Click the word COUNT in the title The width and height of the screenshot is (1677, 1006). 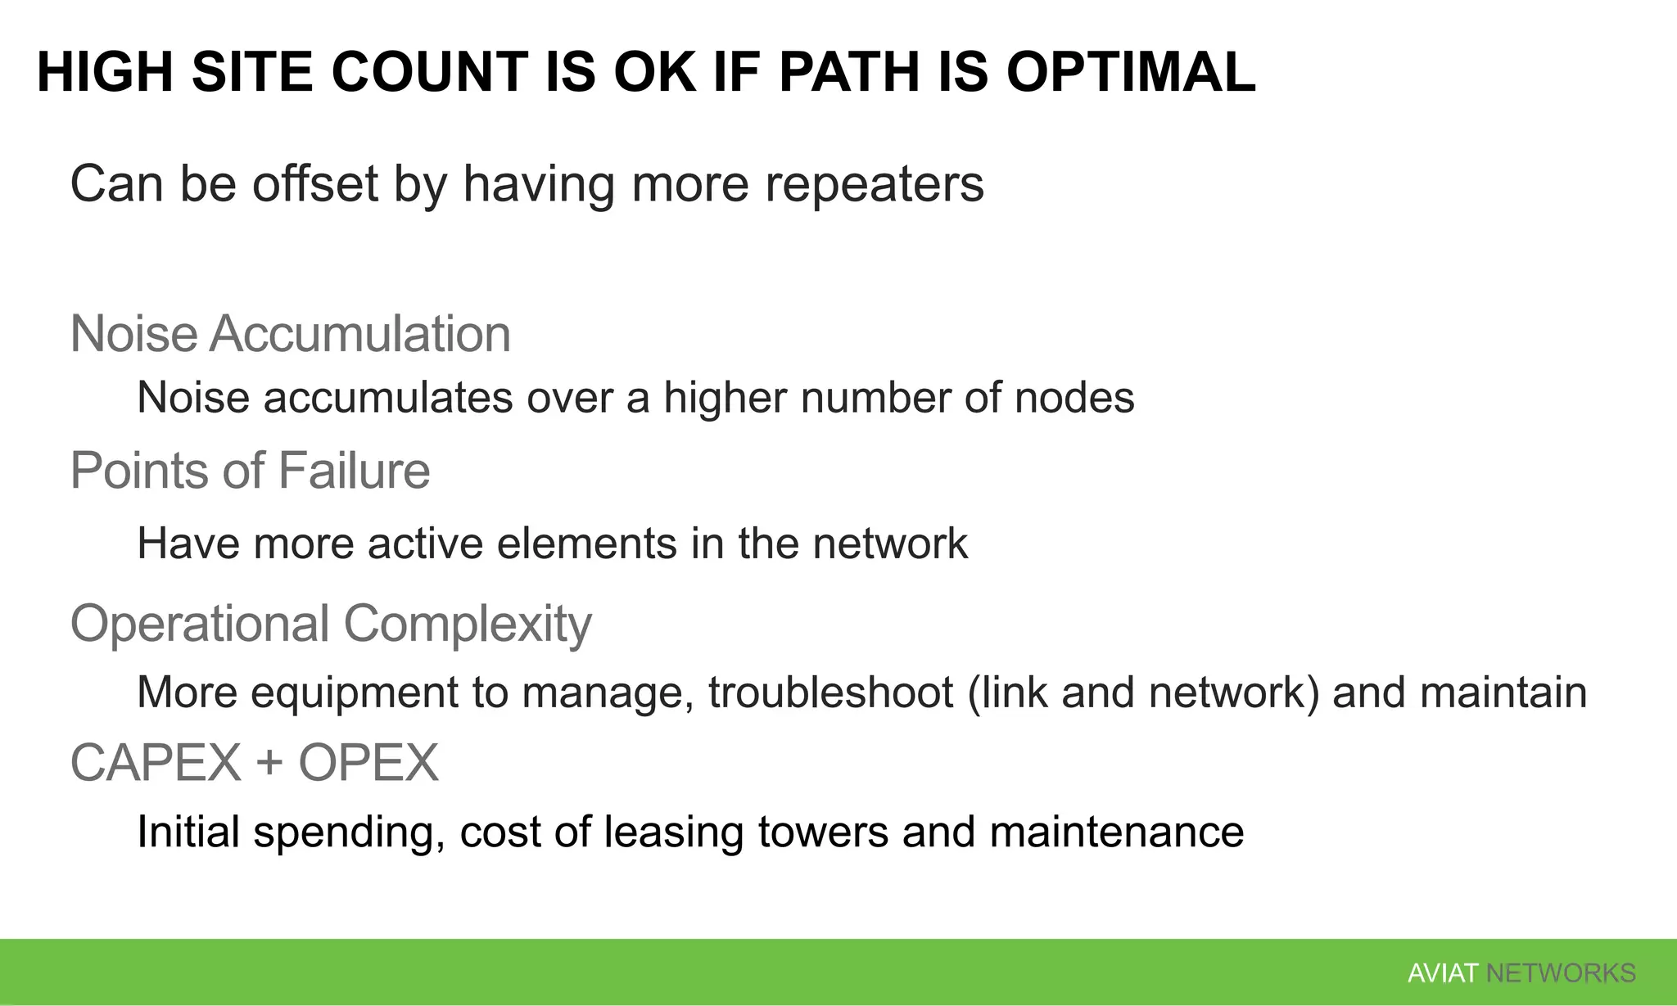point(429,72)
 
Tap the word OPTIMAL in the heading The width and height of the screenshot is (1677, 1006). point(1130,72)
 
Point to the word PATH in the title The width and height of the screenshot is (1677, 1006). point(849,72)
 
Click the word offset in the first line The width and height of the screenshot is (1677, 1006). point(315,183)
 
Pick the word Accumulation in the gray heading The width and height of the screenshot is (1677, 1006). point(360,334)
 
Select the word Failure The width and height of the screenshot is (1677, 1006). point(354,471)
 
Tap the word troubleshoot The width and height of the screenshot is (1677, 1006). point(830,692)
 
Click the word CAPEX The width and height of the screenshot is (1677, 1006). point(156,763)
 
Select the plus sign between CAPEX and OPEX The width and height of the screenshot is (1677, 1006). point(269,765)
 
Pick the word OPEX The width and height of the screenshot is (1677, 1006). point(368,763)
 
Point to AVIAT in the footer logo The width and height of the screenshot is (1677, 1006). point(1442,973)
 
